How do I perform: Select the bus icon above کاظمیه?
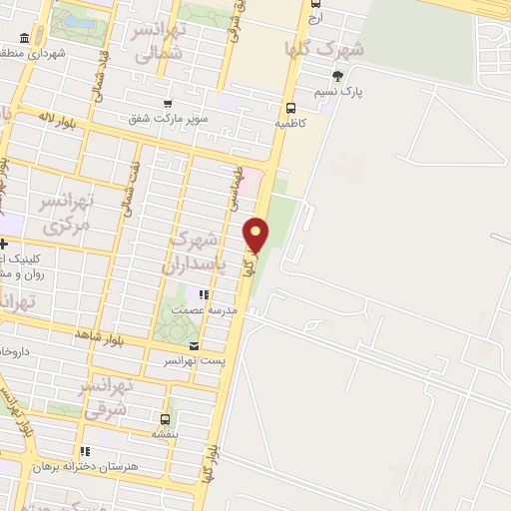point(290,108)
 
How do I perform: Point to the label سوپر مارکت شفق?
point(167,118)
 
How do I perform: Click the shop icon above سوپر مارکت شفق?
point(167,103)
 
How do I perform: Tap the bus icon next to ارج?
point(316,3)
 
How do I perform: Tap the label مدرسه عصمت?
point(204,310)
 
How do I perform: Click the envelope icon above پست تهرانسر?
point(194,346)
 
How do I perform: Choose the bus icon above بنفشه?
point(164,419)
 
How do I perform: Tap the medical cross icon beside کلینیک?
point(4,245)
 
